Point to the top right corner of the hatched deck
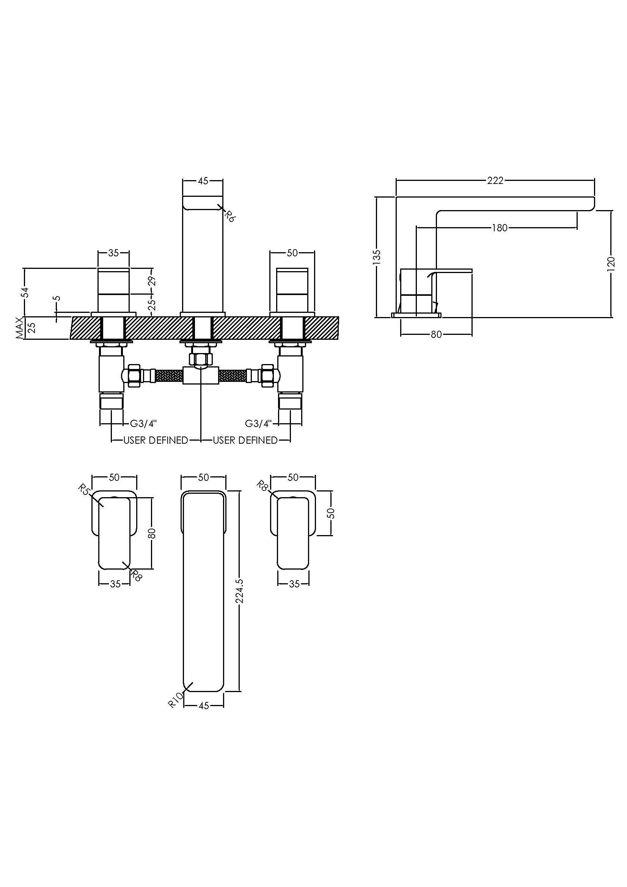point(339,317)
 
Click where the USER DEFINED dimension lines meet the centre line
point(201,440)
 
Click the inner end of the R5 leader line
point(104,507)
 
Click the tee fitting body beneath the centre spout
point(201,376)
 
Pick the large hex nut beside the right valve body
point(267,375)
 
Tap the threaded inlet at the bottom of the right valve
point(290,401)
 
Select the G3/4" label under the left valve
point(143,424)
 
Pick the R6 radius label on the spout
point(231,216)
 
